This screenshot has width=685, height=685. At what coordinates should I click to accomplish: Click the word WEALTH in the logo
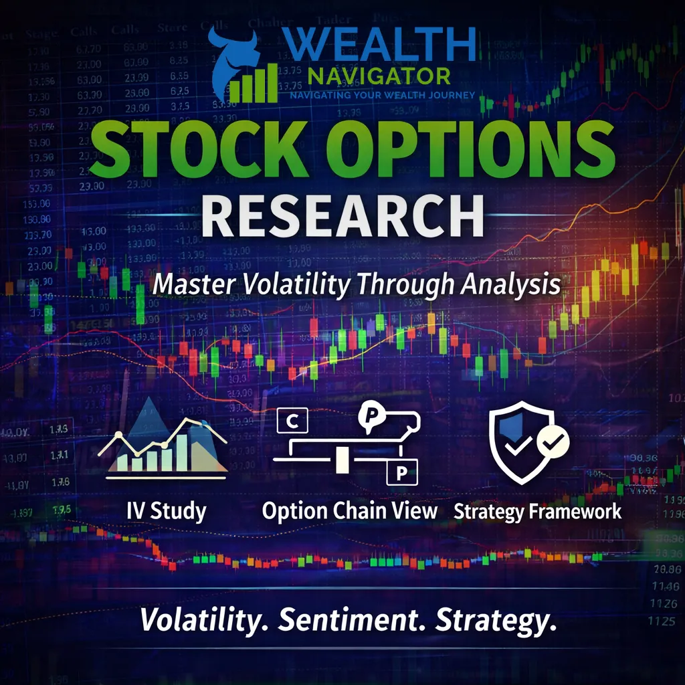(381, 45)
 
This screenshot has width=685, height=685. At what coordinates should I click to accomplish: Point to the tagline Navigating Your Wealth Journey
(382, 94)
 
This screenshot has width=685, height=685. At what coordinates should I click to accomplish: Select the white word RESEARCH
(342, 215)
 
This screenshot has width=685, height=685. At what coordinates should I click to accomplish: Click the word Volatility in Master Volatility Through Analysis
(296, 284)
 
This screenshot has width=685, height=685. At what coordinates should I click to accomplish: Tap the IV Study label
(167, 512)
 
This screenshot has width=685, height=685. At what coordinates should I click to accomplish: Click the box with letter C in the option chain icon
(291, 421)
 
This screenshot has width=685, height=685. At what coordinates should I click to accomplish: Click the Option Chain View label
(350, 512)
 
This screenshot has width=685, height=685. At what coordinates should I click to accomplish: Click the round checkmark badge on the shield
(554, 442)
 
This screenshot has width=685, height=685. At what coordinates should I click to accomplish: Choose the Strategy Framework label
(538, 512)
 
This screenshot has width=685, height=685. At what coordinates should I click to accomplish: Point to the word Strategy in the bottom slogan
(496, 620)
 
